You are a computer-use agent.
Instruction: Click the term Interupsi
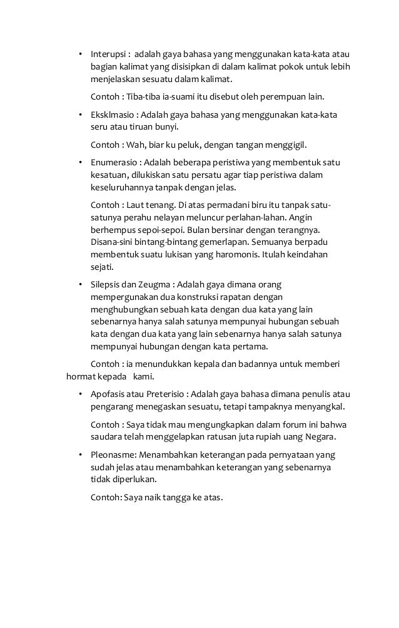pos(108,53)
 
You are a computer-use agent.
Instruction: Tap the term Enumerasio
pos(113,162)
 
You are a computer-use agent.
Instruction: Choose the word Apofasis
pos(107,394)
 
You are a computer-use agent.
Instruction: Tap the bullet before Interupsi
pos(79,53)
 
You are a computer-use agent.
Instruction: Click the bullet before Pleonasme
pos(79,454)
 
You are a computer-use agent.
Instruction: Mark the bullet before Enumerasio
pos(79,162)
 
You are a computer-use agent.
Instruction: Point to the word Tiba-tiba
pos(145,97)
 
